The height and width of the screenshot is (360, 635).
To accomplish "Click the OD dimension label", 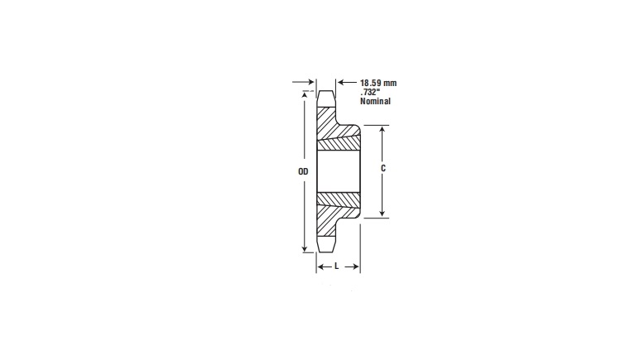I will pyautogui.click(x=303, y=172).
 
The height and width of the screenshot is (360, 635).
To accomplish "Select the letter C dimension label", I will pyautogui.click(x=383, y=168).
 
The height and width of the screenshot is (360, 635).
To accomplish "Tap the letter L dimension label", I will pyautogui.click(x=338, y=267).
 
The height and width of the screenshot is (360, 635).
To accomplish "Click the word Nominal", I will pyautogui.click(x=375, y=101).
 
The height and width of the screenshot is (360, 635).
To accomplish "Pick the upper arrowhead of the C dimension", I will pyautogui.click(x=382, y=130).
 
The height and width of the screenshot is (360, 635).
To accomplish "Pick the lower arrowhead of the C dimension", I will pyautogui.click(x=382, y=213).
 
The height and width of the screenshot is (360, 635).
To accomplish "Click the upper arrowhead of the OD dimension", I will pyautogui.click(x=305, y=96).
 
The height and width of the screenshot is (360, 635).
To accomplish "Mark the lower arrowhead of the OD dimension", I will pyautogui.click(x=305, y=248).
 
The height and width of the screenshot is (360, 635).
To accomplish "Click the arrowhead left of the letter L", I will pyautogui.click(x=321, y=267).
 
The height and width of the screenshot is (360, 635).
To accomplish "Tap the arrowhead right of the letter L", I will pyautogui.click(x=355, y=267).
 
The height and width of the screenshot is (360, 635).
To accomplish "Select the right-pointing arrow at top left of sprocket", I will pyautogui.click(x=310, y=83).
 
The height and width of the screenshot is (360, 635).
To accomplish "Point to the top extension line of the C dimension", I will pyautogui.click(x=374, y=126).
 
